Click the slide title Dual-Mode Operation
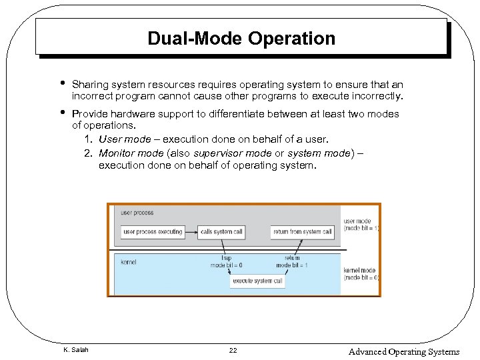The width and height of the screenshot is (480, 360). coord(241,39)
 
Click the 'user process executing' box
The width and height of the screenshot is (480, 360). coord(153,232)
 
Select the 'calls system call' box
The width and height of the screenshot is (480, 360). coord(221,232)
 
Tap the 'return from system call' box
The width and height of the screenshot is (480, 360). coord(302,232)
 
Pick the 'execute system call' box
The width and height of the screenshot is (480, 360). coord(258,281)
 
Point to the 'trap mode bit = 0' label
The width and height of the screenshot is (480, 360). coord(226,262)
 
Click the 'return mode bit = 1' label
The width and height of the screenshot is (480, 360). coord(292,262)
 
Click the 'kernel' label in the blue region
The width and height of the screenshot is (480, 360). coord(129,262)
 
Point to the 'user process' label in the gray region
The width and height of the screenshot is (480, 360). coord(137,213)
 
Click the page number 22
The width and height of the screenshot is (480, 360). coord(233,350)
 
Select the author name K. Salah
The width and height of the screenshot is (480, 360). coord(75,350)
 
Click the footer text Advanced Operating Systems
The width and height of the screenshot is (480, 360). coord(403,351)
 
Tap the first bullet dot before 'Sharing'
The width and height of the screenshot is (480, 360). coord(61,84)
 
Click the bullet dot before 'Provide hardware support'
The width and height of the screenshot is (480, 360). coord(61,113)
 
